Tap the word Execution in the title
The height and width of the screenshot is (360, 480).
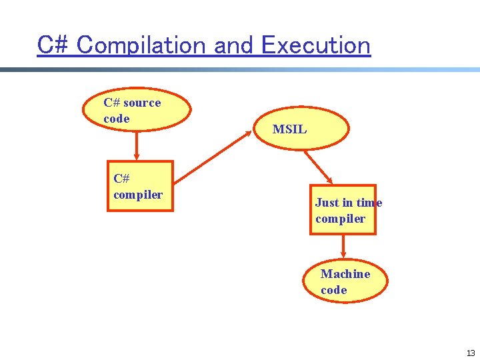pos(315,45)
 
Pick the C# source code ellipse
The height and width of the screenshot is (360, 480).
pos(137,110)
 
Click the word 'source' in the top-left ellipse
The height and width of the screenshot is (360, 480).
pos(142,103)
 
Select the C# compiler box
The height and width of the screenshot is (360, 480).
pos(140,186)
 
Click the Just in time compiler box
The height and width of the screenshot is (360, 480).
pos(343,210)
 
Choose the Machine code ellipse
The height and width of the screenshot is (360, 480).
pos(345,281)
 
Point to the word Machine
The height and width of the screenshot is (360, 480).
pos(345,274)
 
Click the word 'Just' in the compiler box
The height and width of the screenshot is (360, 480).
pos(327,203)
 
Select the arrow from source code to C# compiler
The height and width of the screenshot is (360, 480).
pos(137,146)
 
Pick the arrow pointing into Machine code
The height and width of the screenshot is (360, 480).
pos(343,247)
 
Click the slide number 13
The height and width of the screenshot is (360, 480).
pos(471,353)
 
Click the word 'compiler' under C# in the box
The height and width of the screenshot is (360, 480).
pos(138,195)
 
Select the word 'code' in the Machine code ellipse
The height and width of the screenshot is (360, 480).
pos(333,290)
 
